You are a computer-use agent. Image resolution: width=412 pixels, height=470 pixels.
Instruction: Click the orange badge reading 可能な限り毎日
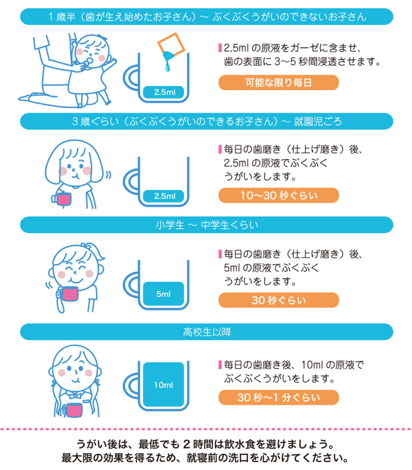278,83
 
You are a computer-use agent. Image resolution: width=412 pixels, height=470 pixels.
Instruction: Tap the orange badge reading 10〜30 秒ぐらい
278,196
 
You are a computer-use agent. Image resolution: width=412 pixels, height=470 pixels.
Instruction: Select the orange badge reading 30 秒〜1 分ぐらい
278,397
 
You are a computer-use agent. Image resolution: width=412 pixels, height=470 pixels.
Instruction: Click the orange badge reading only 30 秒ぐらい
278,300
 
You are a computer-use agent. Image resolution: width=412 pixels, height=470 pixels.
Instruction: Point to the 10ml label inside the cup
163,385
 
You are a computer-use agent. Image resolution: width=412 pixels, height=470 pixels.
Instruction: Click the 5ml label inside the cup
163,294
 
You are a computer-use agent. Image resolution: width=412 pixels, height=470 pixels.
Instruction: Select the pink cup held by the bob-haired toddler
62,200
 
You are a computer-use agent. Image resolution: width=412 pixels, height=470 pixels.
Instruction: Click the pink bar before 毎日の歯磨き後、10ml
220,365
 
